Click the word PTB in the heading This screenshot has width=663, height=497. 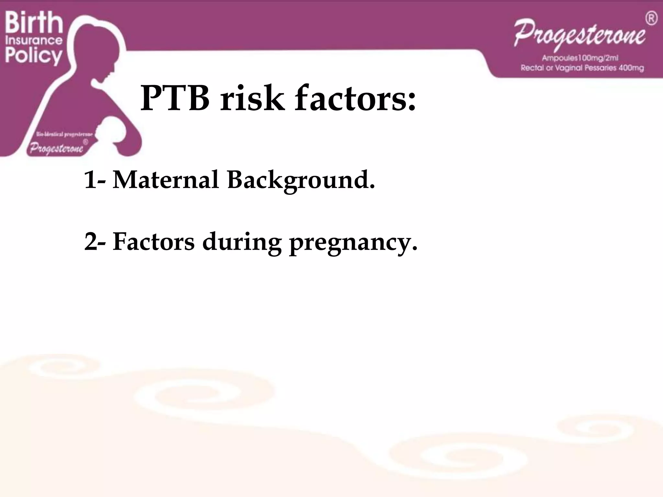pyautogui.click(x=175, y=98)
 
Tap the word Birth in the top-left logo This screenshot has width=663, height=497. pyautogui.click(x=34, y=23)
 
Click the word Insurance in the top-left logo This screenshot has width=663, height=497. pyautogui.click(x=34, y=41)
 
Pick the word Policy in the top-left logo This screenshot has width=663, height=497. pyautogui.click(x=34, y=56)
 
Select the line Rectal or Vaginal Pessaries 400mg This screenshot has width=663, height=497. pyautogui.click(x=582, y=68)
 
